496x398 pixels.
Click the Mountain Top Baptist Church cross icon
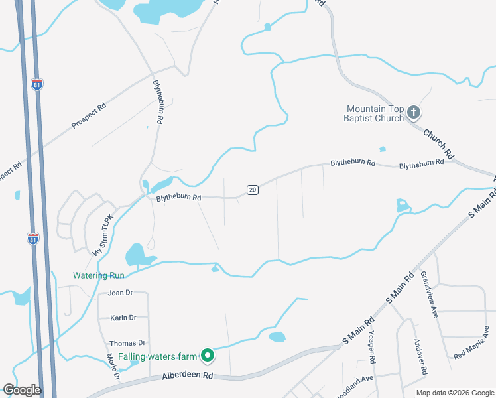(x=413, y=113)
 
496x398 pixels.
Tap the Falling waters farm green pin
(x=208, y=356)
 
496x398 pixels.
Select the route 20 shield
(x=252, y=190)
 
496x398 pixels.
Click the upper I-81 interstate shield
(x=36, y=84)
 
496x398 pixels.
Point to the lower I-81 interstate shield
(x=32, y=239)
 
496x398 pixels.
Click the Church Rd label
(x=439, y=143)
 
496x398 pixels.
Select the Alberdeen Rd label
(x=188, y=376)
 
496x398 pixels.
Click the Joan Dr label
(x=121, y=293)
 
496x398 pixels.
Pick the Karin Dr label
(x=123, y=318)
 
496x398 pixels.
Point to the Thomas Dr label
(x=127, y=343)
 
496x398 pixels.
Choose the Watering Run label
(x=99, y=275)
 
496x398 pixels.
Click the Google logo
(x=22, y=390)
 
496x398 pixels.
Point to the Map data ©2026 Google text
(x=454, y=393)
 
